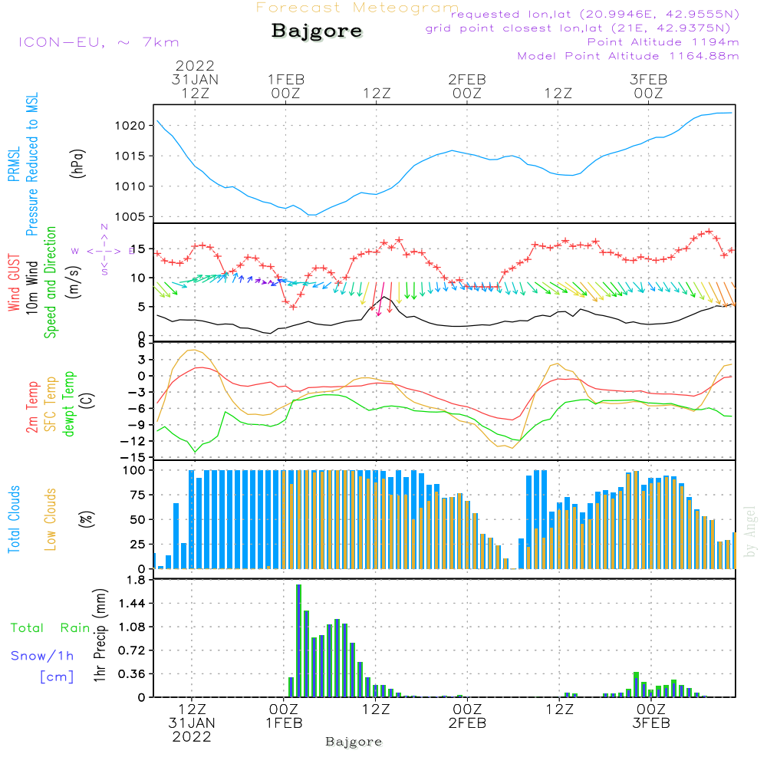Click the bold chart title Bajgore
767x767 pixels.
tap(317, 31)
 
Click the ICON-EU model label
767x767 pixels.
tap(97, 42)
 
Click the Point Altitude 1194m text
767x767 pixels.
tap(663, 42)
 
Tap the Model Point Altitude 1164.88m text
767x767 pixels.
tap(628, 56)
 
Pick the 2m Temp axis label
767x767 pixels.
tap(32, 407)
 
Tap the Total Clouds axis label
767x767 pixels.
tap(14, 519)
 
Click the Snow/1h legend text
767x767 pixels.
tap(42, 656)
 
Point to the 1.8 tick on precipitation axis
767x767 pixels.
tap(137, 580)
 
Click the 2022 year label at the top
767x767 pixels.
tap(195, 66)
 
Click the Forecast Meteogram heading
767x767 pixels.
tap(357, 8)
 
